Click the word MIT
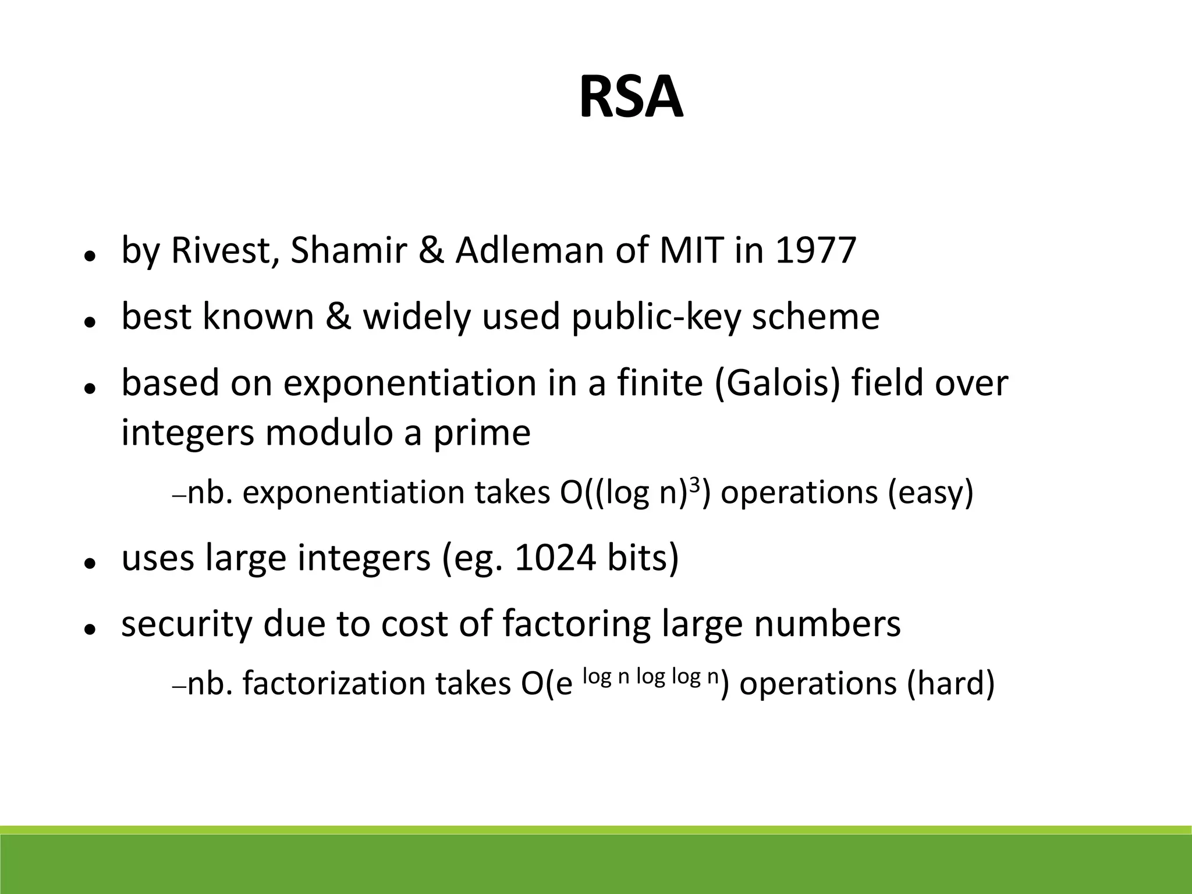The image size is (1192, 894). [x=692, y=250]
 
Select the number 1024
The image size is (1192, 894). [x=555, y=558]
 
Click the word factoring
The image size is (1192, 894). [x=577, y=625]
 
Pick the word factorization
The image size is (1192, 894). [x=334, y=683]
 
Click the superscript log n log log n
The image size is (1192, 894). [x=651, y=677]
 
